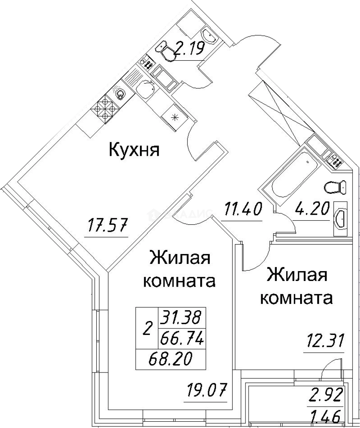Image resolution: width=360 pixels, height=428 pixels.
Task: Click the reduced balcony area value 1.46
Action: pyautogui.click(x=327, y=417)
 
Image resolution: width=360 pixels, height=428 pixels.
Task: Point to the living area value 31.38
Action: pyautogui.click(x=181, y=317)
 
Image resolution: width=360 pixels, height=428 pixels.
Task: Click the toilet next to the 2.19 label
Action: pyautogui.click(x=168, y=52)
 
